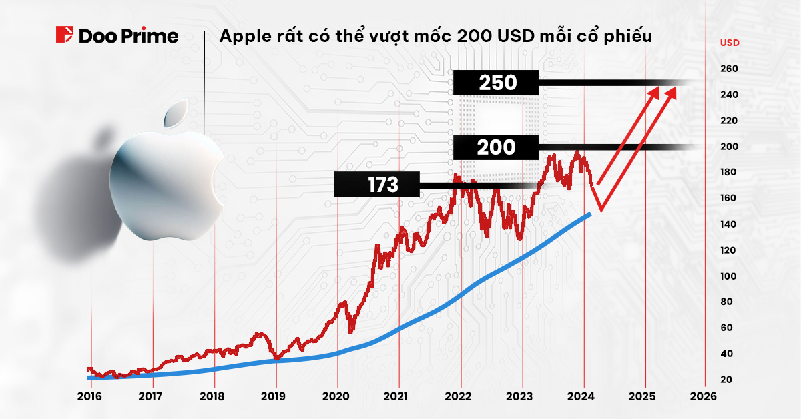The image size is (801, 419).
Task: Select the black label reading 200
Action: (496, 147)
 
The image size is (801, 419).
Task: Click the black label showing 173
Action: (377, 185)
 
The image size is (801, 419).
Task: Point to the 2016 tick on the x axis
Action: (89, 396)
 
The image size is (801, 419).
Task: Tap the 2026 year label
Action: (704, 396)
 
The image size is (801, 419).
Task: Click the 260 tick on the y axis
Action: (729, 69)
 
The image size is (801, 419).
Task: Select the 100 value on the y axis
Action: (729, 276)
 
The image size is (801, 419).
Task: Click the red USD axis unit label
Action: (729, 43)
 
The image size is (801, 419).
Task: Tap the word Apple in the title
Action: (241, 36)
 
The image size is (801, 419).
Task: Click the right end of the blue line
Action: (590, 214)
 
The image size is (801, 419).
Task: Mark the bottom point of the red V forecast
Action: (600, 209)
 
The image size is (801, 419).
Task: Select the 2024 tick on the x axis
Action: (584, 396)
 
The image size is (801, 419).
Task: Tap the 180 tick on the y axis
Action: (729, 172)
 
